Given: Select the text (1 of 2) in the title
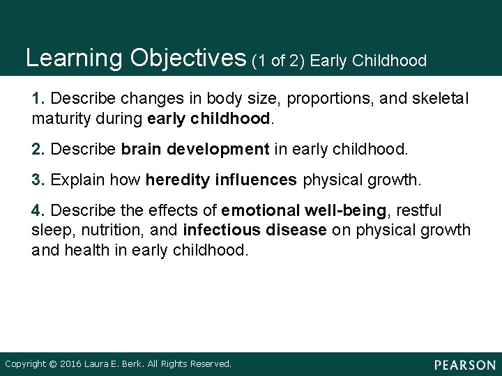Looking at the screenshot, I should point(280,61).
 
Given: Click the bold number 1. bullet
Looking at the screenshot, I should point(40,99).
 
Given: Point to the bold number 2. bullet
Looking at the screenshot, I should point(40,149).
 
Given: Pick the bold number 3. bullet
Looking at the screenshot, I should point(40,180).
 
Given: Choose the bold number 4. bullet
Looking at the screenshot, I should point(40,210).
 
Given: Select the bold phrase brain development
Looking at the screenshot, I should point(195,149).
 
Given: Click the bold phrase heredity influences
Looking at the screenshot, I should point(221,180).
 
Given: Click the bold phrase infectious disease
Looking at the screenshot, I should point(254,230).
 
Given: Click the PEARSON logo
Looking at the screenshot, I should point(463,364).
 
